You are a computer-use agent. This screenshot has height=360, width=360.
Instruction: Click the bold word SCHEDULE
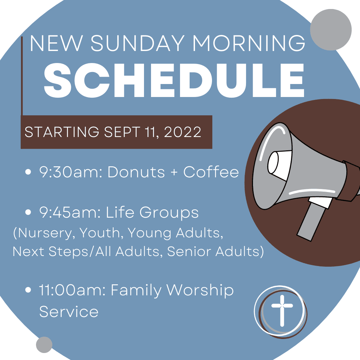click(174, 80)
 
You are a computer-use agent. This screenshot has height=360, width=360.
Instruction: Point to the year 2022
click(183, 132)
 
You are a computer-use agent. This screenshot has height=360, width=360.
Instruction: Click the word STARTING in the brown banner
click(62, 132)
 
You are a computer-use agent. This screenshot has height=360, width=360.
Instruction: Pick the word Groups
click(169, 213)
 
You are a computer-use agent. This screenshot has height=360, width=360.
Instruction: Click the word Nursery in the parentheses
click(45, 233)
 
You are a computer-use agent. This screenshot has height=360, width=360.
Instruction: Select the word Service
click(69, 312)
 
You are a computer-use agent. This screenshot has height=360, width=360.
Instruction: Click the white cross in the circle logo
click(282, 311)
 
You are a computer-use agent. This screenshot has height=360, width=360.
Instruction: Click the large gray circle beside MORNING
click(331, 30)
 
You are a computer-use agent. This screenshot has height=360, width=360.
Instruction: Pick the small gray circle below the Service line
click(44, 345)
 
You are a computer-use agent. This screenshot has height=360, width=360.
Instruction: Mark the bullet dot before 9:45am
click(28, 212)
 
